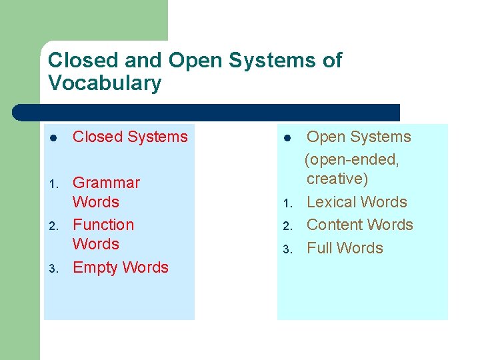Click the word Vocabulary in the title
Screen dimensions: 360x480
(105, 84)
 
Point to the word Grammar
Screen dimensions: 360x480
(106, 183)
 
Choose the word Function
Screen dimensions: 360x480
(103, 225)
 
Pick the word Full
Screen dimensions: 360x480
(319, 248)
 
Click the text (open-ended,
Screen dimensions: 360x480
(351, 160)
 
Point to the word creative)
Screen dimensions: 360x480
(337, 179)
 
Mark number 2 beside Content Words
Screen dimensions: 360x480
(287, 227)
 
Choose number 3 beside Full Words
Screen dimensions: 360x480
(287, 250)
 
